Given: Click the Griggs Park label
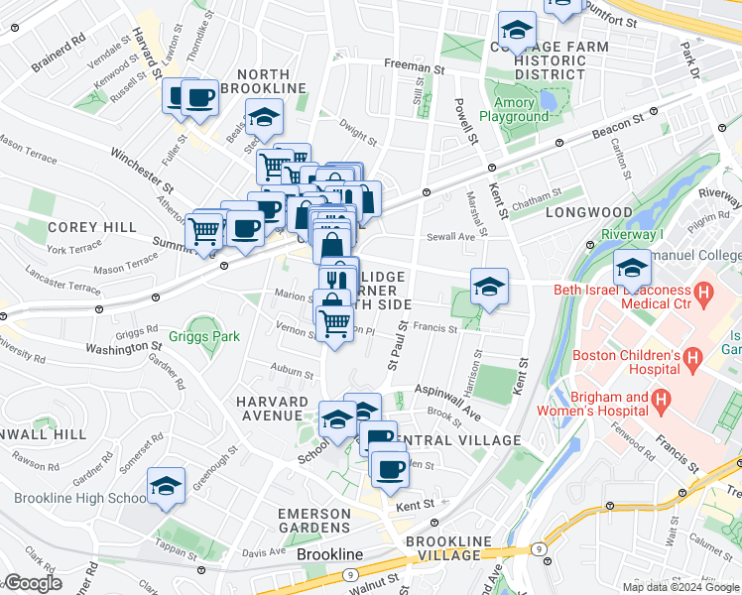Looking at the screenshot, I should pos(203,336).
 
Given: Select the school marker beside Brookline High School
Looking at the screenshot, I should pos(166,486).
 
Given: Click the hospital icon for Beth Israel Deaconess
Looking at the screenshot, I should pos(704,294).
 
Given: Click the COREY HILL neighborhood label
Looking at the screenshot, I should pos(90,227).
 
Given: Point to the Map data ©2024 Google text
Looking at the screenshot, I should pos(680,587).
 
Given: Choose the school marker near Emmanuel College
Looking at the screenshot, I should pos(631,268).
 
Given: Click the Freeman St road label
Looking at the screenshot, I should pos(414,68).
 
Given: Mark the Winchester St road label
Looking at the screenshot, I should pos(143,170).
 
